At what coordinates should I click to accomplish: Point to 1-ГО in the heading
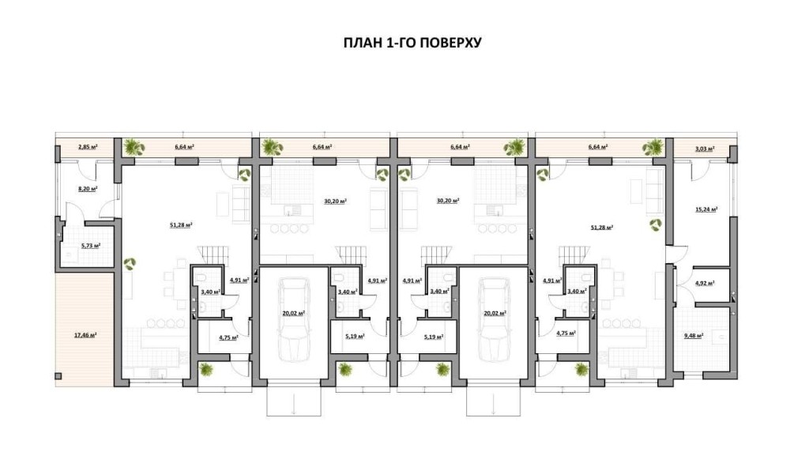tap(400, 43)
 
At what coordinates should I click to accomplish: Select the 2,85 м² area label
tap(88, 147)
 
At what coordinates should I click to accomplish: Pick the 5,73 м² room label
tap(91, 246)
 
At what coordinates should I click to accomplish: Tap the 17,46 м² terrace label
tap(85, 334)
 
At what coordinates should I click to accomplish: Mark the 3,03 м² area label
tap(705, 149)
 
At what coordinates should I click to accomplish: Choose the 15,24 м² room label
tap(705, 209)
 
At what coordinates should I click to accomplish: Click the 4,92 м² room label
tap(705, 283)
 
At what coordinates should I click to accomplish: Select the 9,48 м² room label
tap(694, 334)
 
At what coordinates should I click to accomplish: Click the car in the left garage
tap(293, 319)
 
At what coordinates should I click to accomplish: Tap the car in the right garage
tap(494, 319)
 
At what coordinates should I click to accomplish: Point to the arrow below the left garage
tap(293, 404)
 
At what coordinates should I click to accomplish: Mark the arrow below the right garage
tap(494, 404)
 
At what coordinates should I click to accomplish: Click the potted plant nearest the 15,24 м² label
tap(656, 224)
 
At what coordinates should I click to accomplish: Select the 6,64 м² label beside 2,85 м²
tap(184, 147)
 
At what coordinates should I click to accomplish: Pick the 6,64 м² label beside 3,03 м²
tap(597, 147)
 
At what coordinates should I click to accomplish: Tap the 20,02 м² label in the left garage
tap(293, 313)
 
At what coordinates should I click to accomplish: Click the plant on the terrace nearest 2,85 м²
tap(135, 147)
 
